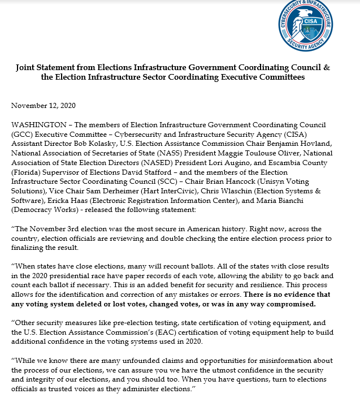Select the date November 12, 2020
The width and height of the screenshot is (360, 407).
(43, 106)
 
